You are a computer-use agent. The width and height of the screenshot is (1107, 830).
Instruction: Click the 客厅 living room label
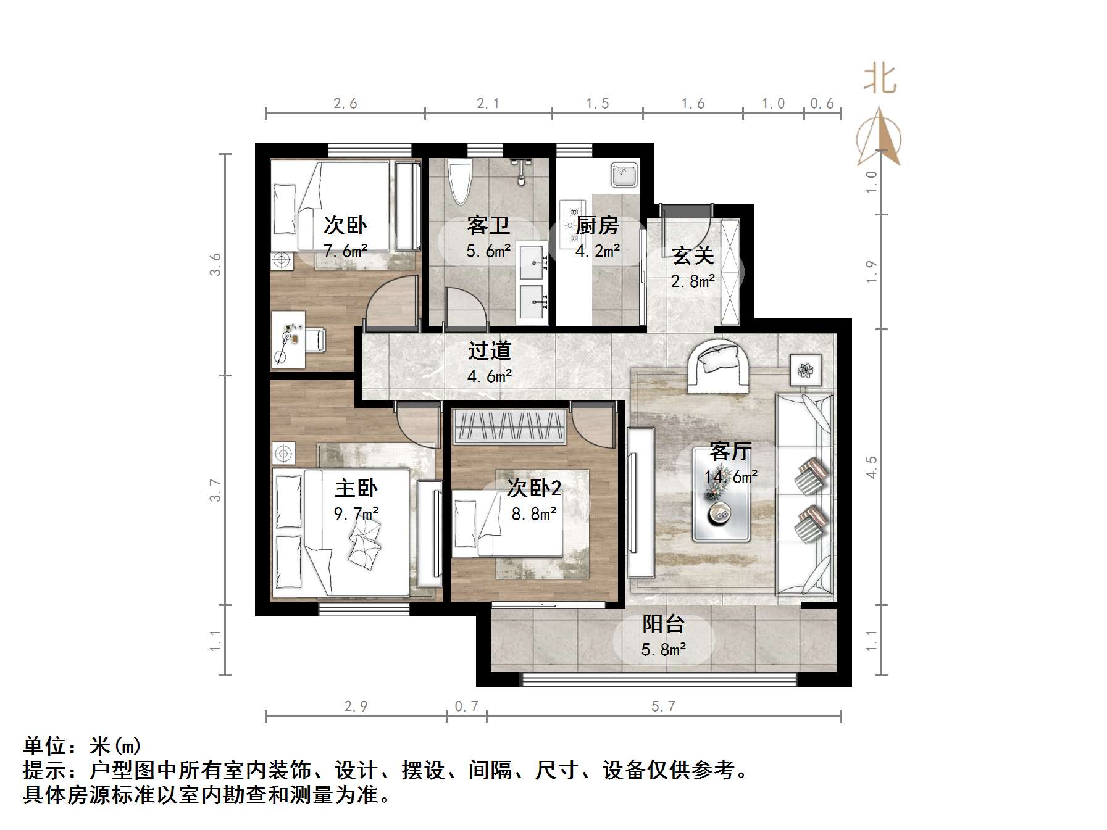[x=730, y=452]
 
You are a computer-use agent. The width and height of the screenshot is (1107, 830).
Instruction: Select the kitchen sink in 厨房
[x=624, y=175]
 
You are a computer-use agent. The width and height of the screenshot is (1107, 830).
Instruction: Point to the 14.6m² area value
[x=731, y=477]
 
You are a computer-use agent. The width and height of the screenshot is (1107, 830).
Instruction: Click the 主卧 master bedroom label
[x=356, y=488]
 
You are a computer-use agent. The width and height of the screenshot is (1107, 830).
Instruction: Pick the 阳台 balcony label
[x=663, y=624]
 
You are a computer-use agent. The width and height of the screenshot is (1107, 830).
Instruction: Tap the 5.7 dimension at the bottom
[x=663, y=706]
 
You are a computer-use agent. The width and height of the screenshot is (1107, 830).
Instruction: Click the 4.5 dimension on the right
[x=871, y=467]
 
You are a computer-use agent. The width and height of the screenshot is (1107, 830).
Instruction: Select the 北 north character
[x=879, y=80]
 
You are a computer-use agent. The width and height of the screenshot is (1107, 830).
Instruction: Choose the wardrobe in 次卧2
[x=510, y=426]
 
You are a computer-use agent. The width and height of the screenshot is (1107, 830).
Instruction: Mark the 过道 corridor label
[x=489, y=351]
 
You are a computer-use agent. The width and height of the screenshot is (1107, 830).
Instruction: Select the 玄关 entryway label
[x=693, y=255]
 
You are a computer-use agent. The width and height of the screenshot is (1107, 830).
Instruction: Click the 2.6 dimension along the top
[x=345, y=104]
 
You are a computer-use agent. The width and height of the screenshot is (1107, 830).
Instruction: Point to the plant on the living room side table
[x=805, y=370]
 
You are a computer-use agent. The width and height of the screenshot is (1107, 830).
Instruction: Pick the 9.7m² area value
[x=356, y=513]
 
